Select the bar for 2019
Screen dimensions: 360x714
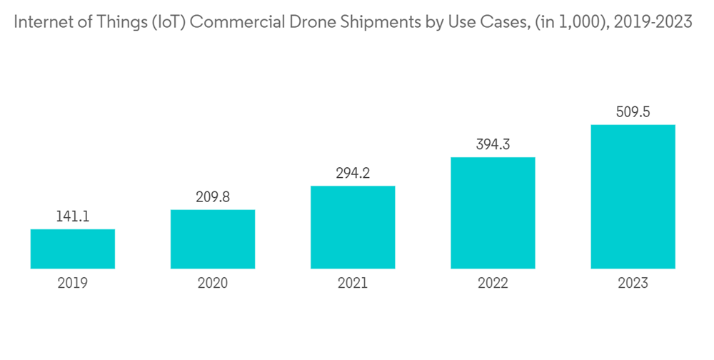pyautogui.click(x=73, y=249)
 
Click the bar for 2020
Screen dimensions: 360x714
pyautogui.click(x=213, y=239)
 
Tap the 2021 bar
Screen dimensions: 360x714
pyautogui.click(x=353, y=227)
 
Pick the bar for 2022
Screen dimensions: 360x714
pyautogui.click(x=493, y=213)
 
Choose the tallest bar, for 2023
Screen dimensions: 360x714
pyautogui.click(x=633, y=197)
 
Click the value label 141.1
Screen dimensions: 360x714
pyautogui.click(x=73, y=216)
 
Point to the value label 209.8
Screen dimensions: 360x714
pyautogui.click(x=213, y=197)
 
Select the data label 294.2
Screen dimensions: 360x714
pyautogui.click(x=353, y=173)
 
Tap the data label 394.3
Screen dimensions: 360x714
pyautogui.click(x=493, y=144)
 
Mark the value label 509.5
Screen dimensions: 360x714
pyautogui.click(x=633, y=112)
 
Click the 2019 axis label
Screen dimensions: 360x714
pyautogui.click(x=73, y=284)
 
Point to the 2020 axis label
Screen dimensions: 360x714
pyautogui.click(x=213, y=284)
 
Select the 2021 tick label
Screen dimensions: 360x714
pyautogui.click(x=353, y=284)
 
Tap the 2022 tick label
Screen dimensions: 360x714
pyautogui.click(x=493, y=284)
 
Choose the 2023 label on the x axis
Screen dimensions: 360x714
pyautogui.click(x=633, y=284)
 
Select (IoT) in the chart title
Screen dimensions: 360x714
pyautogui.click(x=165, y=22)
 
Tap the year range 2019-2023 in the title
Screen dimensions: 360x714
pyautogui.click(x=648, y=22)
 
